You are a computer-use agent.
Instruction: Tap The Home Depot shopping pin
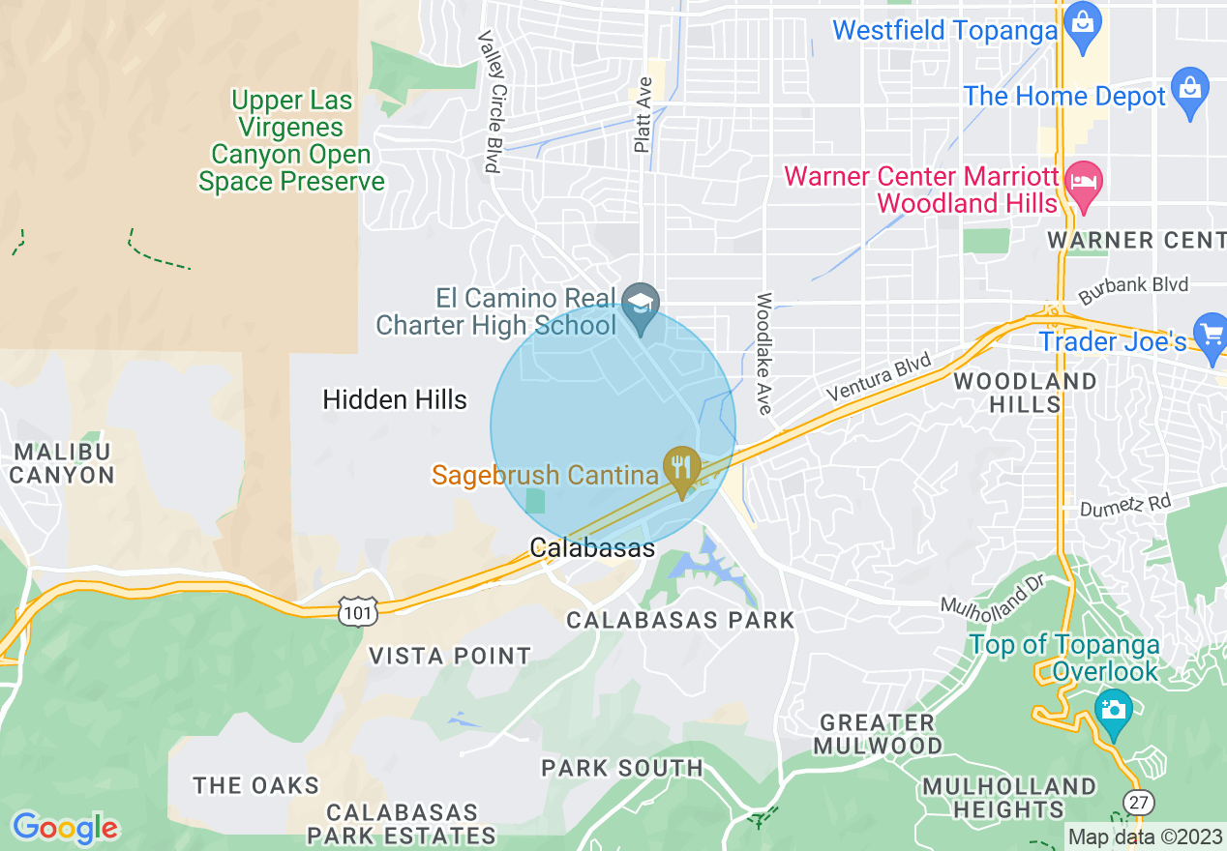coord(1189,89)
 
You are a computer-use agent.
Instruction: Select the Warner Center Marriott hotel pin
coord(1085,183)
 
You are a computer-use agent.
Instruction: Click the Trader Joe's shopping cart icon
coord(1211,334)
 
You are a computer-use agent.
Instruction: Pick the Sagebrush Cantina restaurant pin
coord(682,468)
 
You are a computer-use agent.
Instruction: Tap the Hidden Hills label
coord(395,399)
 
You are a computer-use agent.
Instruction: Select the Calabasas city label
coord(592,548)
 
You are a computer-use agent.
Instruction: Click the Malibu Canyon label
coord(62,463)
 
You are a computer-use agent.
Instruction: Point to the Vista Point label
coord(450,657)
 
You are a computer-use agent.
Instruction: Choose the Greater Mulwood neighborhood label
coord(878,734)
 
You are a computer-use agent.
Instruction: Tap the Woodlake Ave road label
coord(764,354)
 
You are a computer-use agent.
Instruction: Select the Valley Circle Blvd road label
coord(493,101)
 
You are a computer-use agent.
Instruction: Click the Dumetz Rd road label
coord(1125,506)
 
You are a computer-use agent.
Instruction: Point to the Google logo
coord(65,827)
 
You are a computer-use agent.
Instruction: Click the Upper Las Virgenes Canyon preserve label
coord(291,141)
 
